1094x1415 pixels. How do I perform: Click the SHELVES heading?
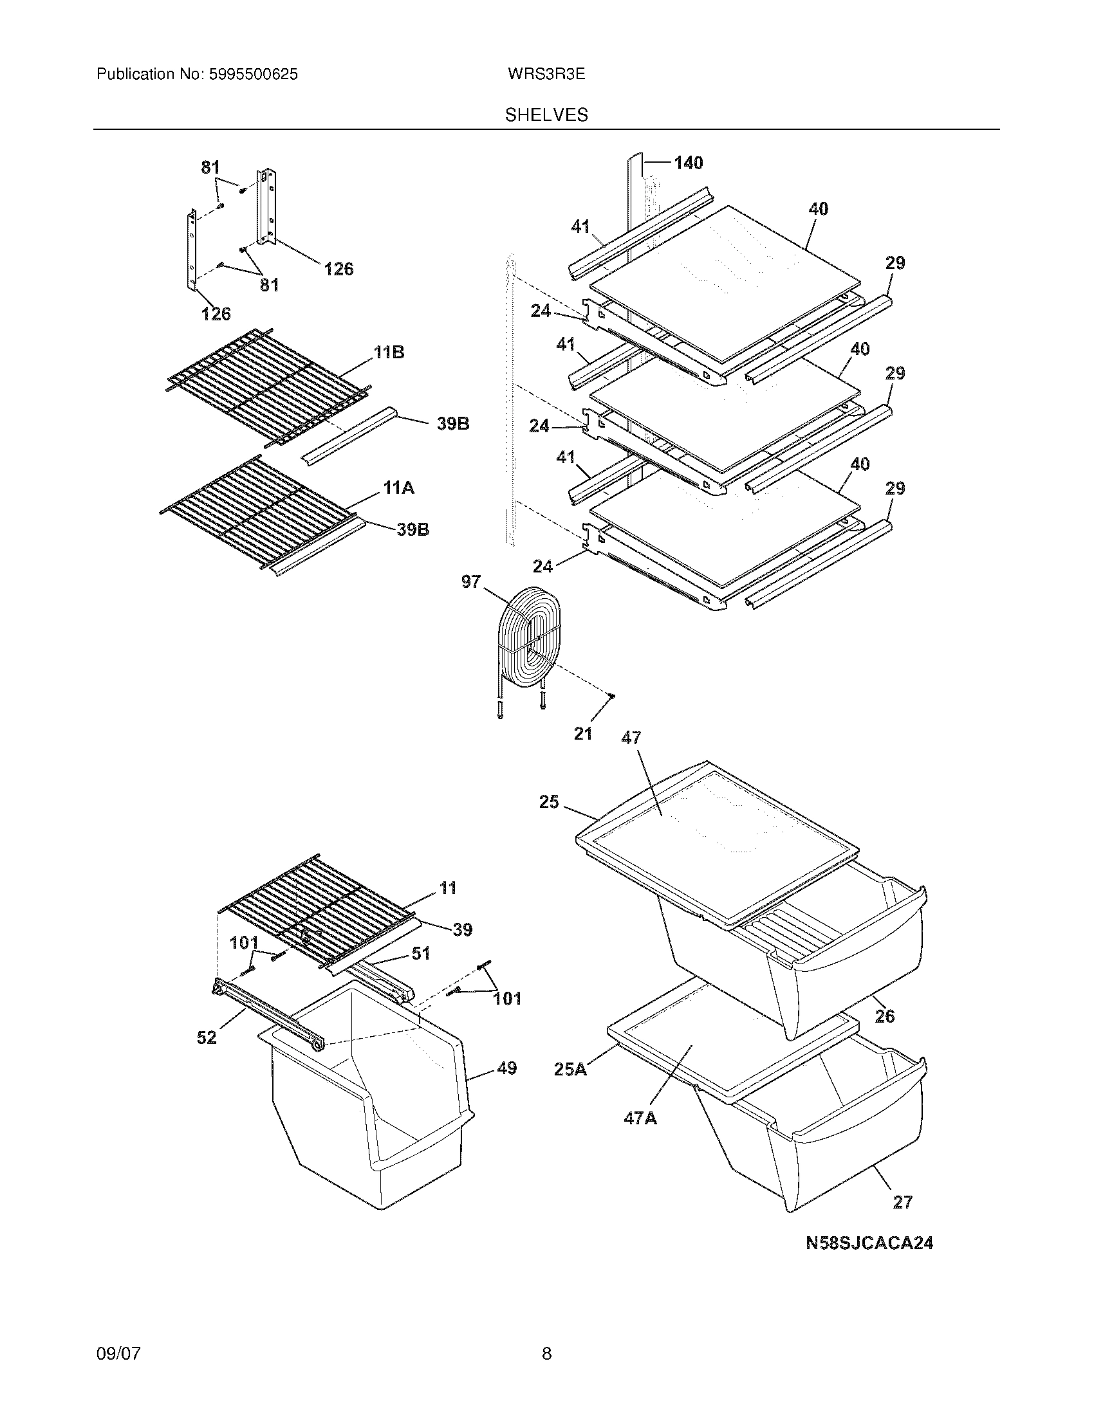[546, 115]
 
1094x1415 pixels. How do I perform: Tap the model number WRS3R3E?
[546, 75]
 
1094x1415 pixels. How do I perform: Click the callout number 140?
[689, 163]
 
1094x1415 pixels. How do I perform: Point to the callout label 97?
[471, 582]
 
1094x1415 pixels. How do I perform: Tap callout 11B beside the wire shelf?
[389, 352]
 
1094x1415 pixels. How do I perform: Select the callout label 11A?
[398, 488]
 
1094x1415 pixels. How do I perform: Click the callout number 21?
[582, 734]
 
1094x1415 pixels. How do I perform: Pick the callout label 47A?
[640, 1118]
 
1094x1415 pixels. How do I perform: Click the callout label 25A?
[570, 1069]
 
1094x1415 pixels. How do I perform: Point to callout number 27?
[902, 1203]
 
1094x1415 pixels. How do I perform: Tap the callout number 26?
[885, 1016]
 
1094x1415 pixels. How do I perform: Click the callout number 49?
[507, 1068]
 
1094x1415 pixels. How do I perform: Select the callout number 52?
[207, 1037]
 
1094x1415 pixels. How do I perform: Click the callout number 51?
[422, 953]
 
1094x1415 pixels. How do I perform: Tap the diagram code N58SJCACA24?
[869, 1243]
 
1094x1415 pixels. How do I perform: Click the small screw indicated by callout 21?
[611, 696]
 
